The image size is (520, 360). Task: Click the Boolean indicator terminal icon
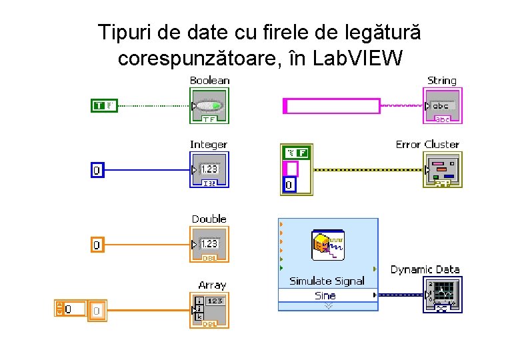209,106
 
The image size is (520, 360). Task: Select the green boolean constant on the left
104,105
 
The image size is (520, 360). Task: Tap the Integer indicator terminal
209,170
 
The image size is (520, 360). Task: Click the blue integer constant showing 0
97,171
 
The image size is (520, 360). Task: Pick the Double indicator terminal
209,245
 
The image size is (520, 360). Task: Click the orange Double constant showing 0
97,245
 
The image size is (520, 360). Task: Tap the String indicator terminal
442,106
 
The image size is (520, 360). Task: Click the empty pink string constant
332,105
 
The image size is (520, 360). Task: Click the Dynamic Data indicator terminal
442,295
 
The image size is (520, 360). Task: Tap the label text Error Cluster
427,144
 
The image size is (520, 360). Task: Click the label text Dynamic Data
425,269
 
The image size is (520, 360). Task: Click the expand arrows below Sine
327,305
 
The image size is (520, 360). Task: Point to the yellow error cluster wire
367,170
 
